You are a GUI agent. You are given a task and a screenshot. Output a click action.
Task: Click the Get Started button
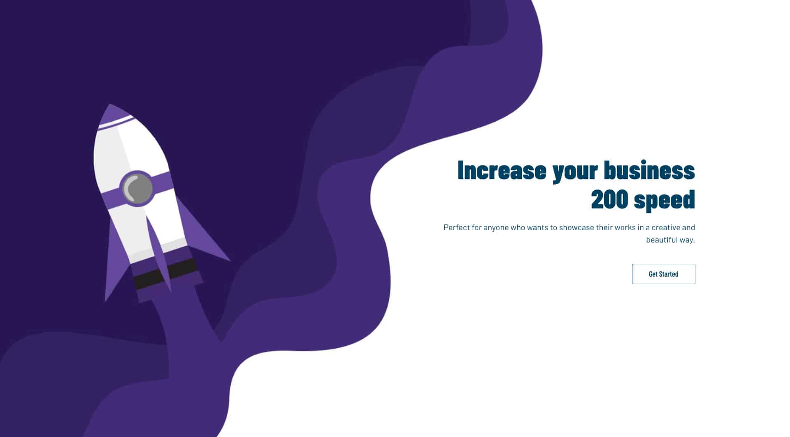[x=663, y=274]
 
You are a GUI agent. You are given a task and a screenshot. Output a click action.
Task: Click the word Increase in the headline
[x=502, y=170]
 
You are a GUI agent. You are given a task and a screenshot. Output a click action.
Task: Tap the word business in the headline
[x=649, y=170]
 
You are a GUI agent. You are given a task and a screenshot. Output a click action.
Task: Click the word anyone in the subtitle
[x=496, y=228]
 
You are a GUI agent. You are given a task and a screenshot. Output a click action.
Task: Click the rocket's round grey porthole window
[x=137, y=189]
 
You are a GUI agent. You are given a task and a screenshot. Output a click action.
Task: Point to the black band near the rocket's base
[x=165, y=273]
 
